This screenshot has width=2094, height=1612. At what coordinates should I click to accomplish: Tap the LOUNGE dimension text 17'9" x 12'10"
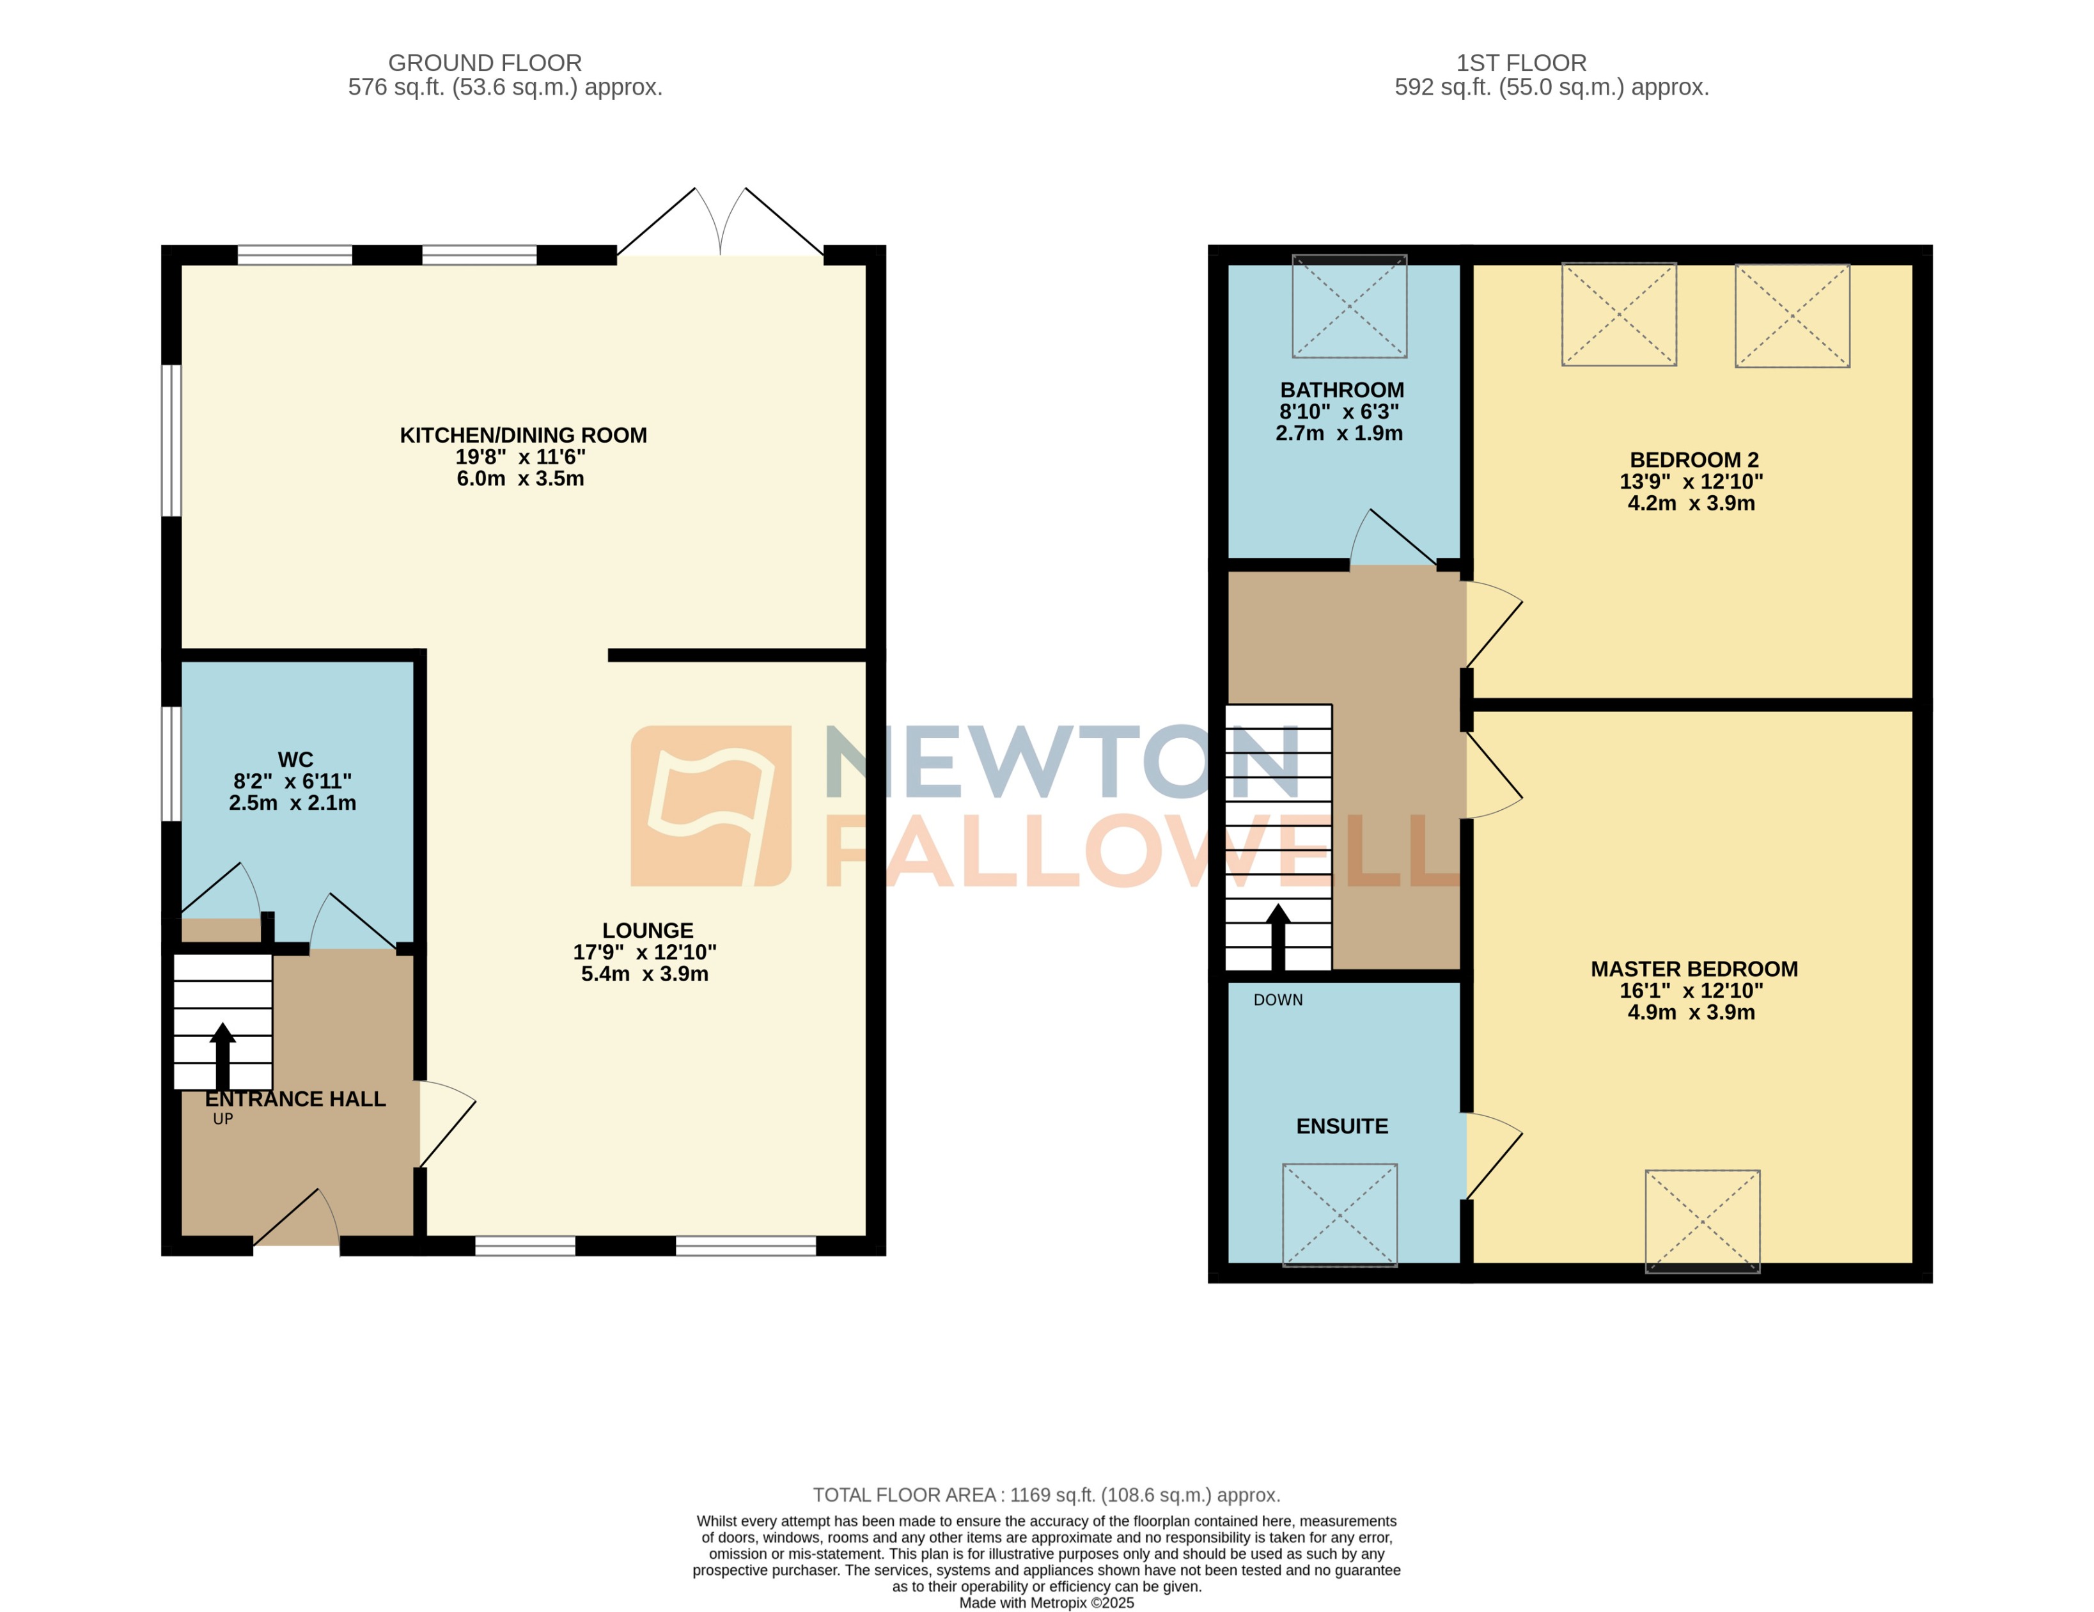(645, 952)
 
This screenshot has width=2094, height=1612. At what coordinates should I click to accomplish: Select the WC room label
(295, 759)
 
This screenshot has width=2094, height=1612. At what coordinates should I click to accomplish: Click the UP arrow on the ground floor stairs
(223, 1055)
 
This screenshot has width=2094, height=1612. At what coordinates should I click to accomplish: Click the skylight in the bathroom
(1349, 307)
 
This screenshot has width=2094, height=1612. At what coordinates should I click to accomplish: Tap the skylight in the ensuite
(1340, 1215)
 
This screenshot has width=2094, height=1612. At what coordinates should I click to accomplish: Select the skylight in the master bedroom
(1702, 1221)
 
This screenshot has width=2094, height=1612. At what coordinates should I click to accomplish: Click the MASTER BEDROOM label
(1693, 970)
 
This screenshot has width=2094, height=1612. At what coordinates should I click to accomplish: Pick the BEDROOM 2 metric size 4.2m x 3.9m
(1691, 503)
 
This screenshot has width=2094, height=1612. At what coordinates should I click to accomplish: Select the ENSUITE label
(1341, 1126)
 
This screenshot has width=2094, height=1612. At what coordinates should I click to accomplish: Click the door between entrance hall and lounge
(447, 1124)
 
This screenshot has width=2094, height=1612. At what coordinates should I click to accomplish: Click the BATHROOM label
(1341, 390)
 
